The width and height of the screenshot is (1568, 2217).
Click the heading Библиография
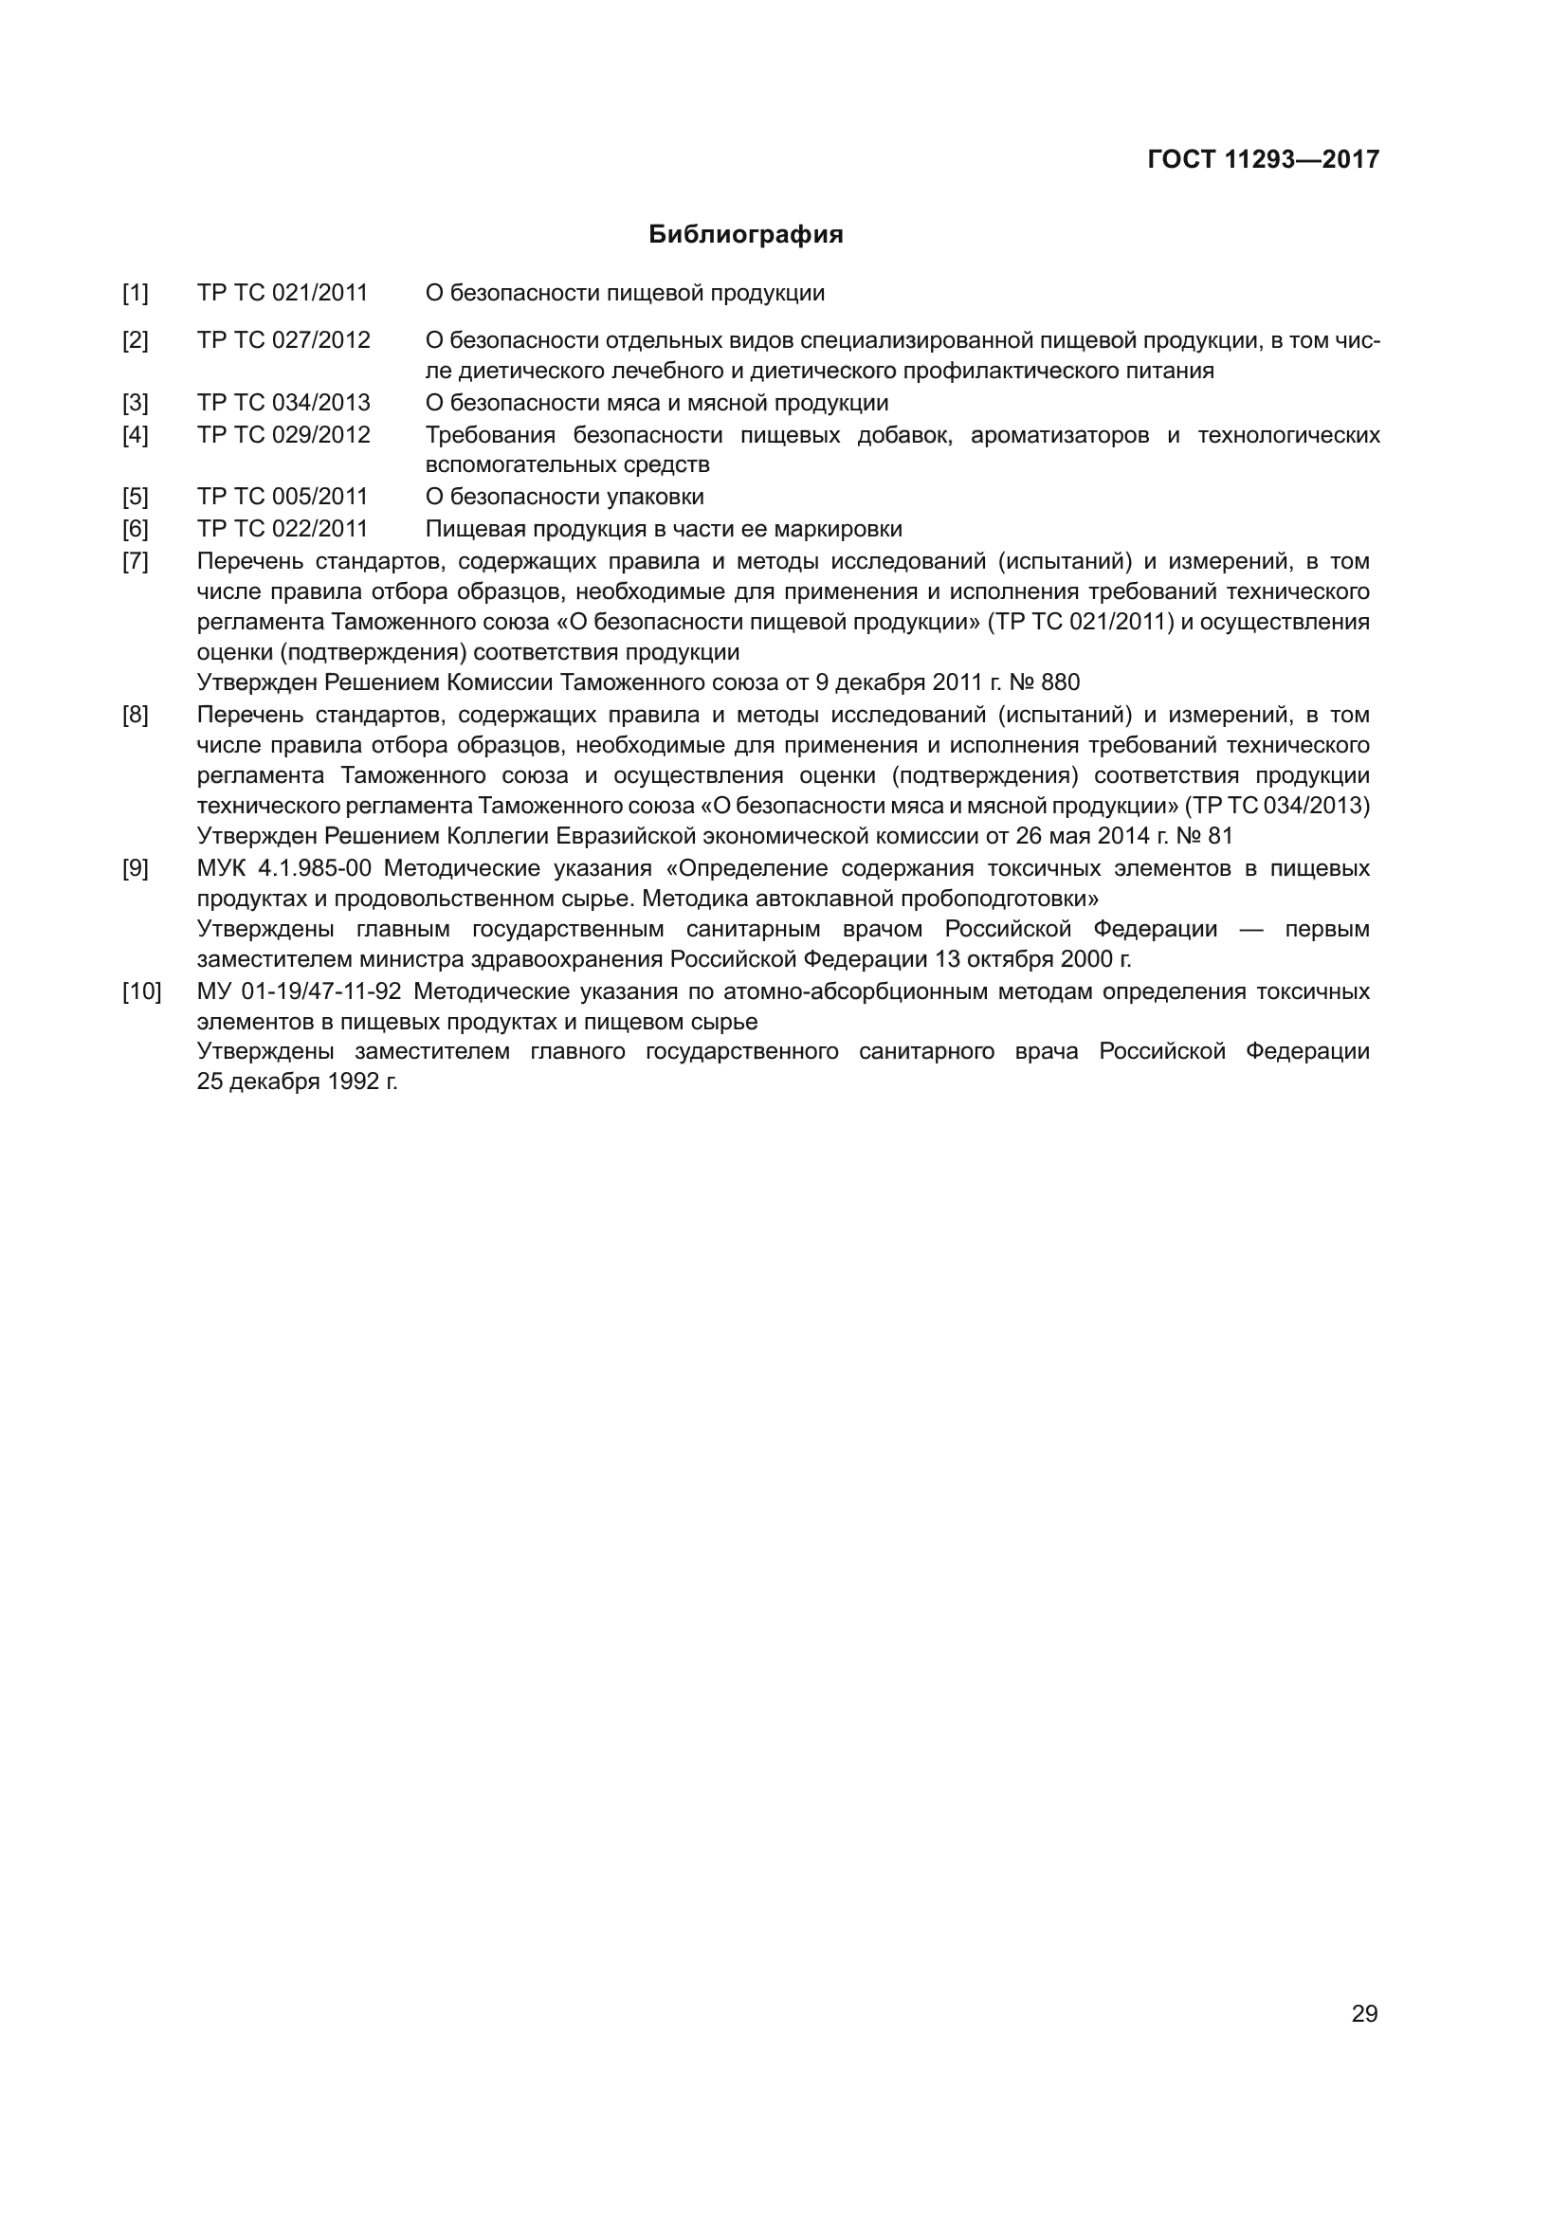745,235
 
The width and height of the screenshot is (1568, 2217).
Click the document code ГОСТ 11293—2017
1263,160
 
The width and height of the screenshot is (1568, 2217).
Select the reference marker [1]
136,293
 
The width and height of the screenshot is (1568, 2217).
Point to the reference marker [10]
141,991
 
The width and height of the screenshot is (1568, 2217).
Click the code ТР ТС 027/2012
283,340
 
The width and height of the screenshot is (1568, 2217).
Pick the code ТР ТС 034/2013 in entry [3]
283,403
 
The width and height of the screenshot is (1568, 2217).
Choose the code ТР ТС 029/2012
283,434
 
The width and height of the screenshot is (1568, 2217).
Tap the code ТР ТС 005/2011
282,497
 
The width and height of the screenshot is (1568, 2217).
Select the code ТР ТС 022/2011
282,528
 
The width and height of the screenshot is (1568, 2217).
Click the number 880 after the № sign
1060,682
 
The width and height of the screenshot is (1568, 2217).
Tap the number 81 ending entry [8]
1220,835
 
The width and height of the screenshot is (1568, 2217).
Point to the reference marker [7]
136,560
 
